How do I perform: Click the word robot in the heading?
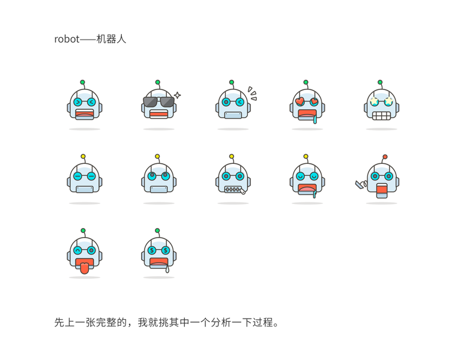67,40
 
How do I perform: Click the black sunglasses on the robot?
157,101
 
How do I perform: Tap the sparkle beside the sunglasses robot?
178,94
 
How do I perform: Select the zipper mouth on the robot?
232,189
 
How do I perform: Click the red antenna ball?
385,157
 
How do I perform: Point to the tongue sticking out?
83,268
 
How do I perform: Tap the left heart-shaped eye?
300,101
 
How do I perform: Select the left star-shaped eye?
374,101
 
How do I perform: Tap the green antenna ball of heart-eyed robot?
306,82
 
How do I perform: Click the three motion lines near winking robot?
252,94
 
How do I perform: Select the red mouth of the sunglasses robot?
158,114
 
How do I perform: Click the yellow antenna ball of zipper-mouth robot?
231,157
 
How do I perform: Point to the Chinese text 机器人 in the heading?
110,40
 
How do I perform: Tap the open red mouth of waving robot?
381,191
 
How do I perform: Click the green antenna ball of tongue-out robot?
83,230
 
